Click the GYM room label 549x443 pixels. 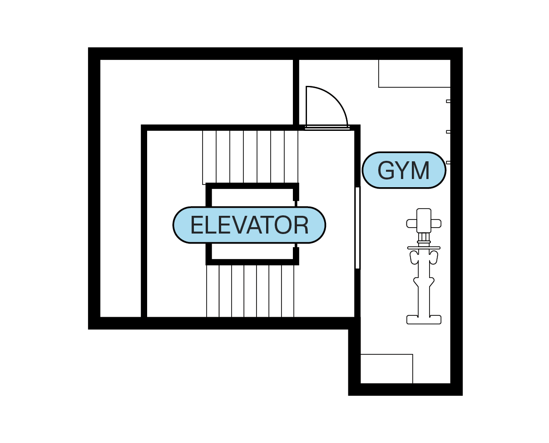point(404,170)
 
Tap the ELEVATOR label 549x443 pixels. point(249,225)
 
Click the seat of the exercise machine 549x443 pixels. point(424,220)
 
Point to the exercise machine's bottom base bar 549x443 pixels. point(424,319)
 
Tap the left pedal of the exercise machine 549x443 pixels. point(414,257)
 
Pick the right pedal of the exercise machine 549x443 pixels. point(434,257)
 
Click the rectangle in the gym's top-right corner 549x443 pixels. point(414,73)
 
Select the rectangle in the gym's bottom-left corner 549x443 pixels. point(386,368)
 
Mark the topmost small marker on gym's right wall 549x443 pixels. point(448,101)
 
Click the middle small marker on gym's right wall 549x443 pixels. point(448,132)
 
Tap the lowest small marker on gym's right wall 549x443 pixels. point(448,162)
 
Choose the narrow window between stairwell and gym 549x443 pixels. point(357,227)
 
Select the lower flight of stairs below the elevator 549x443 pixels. point(250,291)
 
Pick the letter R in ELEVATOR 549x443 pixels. point(301,225)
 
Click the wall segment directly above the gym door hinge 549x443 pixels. point(296,91)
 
